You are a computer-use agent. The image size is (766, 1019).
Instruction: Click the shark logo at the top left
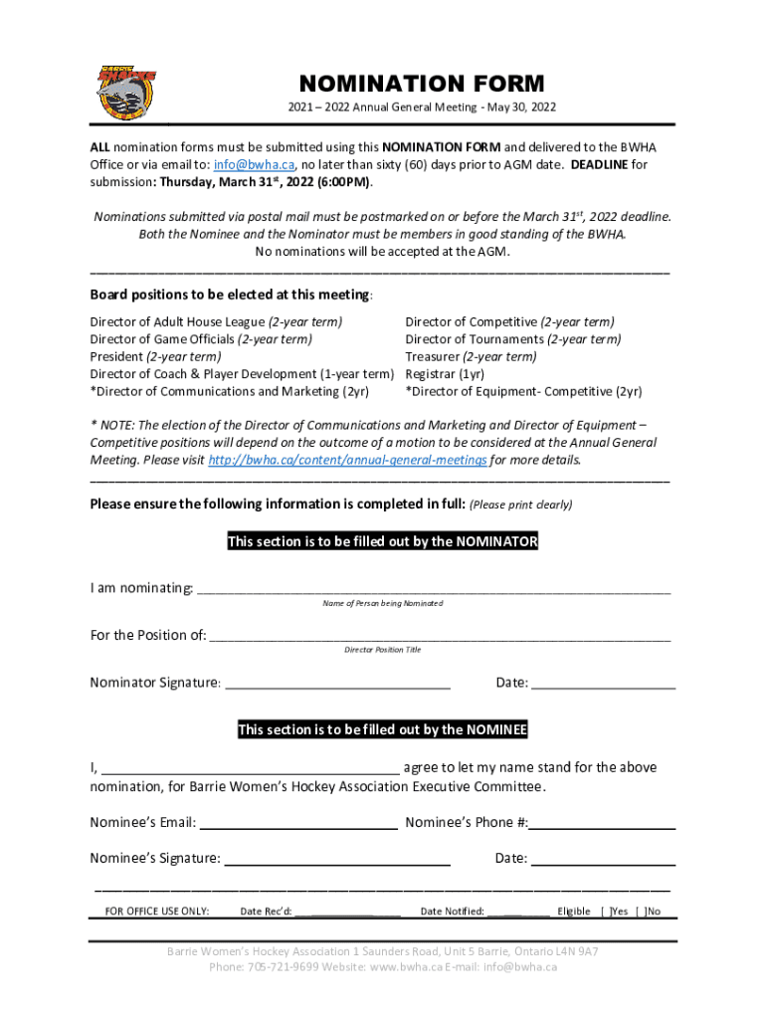coord(126,92)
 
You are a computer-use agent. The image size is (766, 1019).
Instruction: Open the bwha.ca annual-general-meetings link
coord(348,460)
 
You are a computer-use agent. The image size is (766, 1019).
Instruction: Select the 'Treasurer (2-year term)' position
coord(471,356)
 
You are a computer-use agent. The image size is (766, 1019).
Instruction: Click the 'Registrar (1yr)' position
coord(445,374)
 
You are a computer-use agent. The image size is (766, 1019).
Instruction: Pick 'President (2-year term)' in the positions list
coord(155,356)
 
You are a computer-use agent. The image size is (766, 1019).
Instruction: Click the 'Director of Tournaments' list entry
coord(512,339)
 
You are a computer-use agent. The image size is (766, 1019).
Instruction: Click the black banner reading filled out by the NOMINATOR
coord(383,542)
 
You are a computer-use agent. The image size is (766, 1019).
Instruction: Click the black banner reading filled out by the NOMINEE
coord(383,730)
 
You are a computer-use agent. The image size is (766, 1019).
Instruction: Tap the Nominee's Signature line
coord(338,858)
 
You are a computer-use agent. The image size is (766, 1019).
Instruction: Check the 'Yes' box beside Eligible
coord(606,911)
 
